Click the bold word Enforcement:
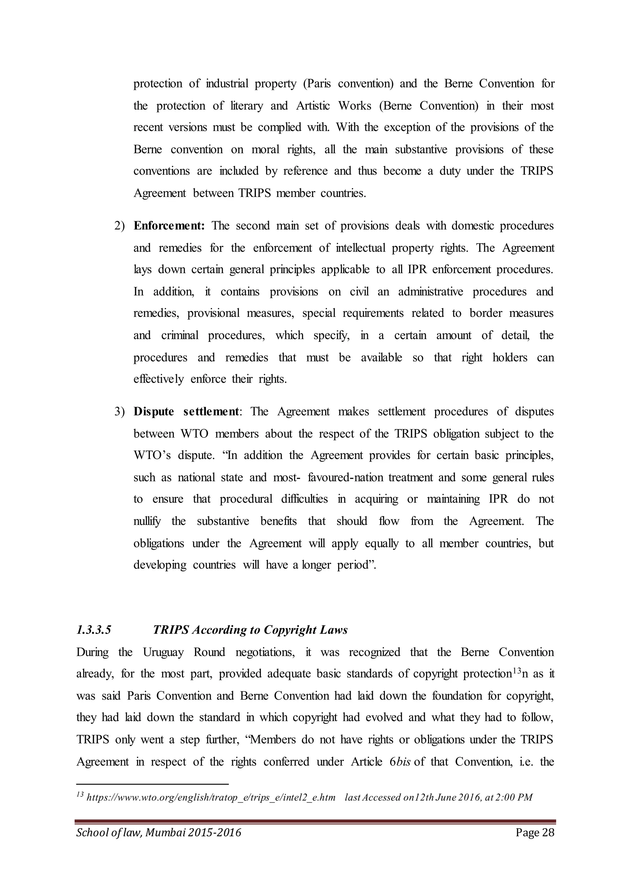(169, 226)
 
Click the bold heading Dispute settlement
(186, 411)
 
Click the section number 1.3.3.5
(94, 630)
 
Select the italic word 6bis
(399, 762)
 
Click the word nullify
(147, 521)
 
